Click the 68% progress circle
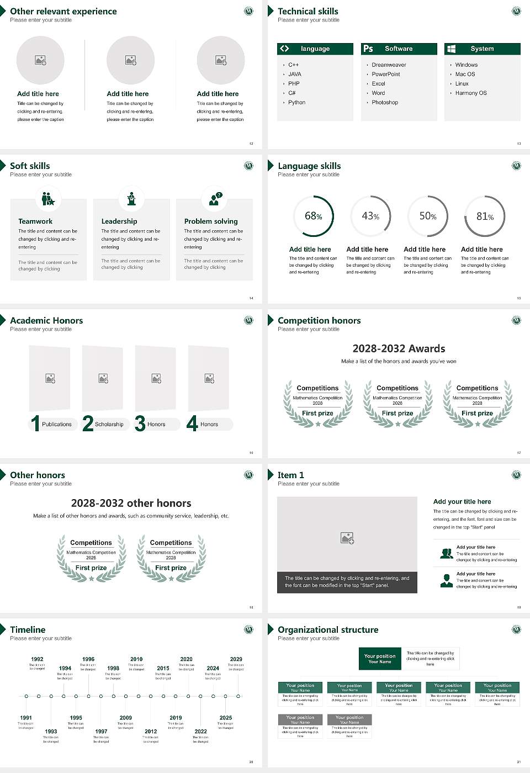314,216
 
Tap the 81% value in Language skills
485,216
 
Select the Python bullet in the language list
296,102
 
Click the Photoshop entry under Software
385,102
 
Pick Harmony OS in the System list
471,93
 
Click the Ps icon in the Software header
368,49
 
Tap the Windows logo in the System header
451,49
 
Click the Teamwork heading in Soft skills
35,221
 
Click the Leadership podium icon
131,199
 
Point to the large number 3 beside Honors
140,423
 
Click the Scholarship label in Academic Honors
109,424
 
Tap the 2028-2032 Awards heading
399,348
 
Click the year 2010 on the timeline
136,659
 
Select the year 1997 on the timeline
101,731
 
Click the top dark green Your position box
380,659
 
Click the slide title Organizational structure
328,629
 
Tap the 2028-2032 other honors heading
131,503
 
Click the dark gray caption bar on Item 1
347,582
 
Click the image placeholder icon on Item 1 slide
347,538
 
